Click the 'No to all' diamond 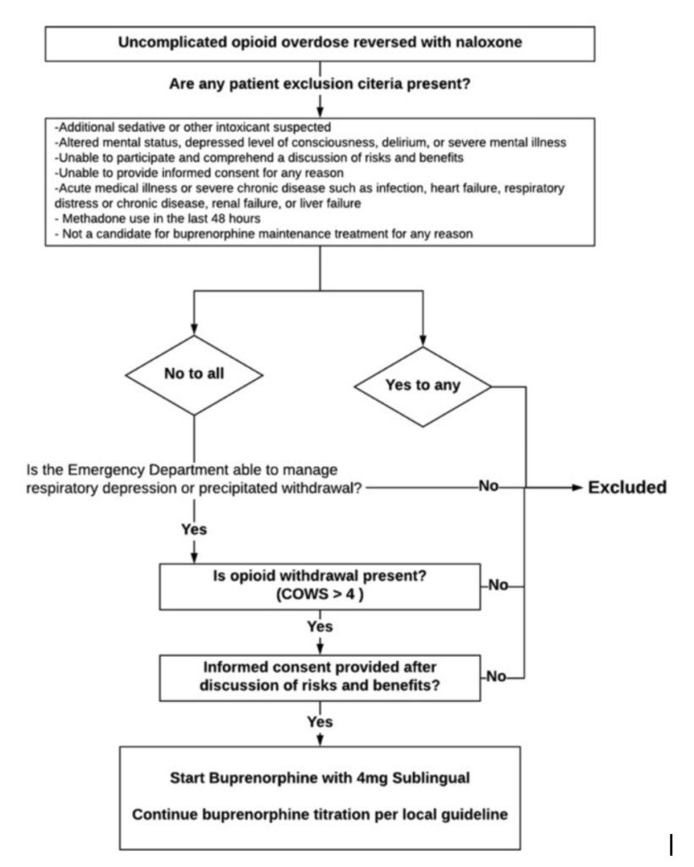(x=194, y=375)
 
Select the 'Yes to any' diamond (x=422, y=386)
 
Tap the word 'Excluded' (x=627, y=487)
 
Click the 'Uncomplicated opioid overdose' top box (x=320, y=43)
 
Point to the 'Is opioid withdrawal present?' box (x=320, y=587)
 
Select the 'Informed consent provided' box (x=320, y=678)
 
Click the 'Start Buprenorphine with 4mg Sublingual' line (x=320, y=778)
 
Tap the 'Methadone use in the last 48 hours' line (x=158, y=218)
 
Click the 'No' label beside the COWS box (x=498, y=585)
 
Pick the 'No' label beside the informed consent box (x=496, y=676)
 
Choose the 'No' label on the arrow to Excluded (x=488, y=486)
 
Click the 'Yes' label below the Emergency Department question (x=194, y=529)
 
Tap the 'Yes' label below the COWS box (x=320, y=627)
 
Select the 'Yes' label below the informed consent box (x=320, y=721)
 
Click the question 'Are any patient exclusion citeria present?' (x=320, y=84)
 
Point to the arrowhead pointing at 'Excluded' (x=577, y=488)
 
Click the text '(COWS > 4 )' (x=320, y=594)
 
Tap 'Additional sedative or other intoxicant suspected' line (x=193, y=127)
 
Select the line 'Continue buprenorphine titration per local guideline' (x=320, y=815)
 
